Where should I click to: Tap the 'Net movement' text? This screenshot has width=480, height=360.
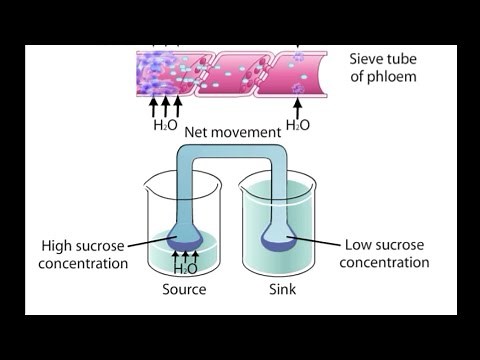pyautogui.click(x=233, y=131)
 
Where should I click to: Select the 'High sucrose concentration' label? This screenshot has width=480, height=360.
pyautogui.click(x=85, y=254)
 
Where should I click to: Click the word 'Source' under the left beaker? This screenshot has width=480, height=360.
pyautogui.click(x=184, y=290)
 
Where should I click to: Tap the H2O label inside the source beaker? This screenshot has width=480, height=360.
pyautogui.click(x=186, y=268)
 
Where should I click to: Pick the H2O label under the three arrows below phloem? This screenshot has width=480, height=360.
pyautogui.click(x=165, y=125)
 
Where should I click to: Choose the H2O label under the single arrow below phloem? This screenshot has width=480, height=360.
pyautogui.click(x=298, y=125)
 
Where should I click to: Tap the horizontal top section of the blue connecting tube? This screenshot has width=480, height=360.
pyautogui.click(x=230, y=151)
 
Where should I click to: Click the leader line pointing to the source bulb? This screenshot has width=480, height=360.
pyautogui.click(x=150, y=244)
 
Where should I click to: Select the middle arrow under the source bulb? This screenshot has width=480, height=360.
pyautogui.click(x=186, y=257)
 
